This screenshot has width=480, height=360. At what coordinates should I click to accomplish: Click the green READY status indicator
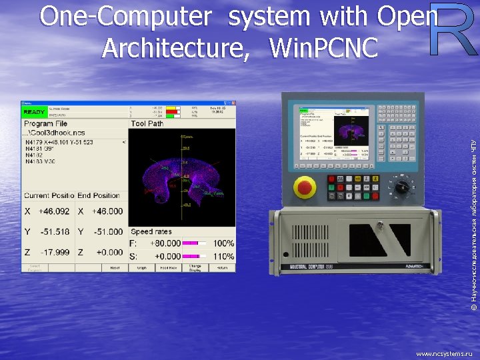pyautogui.click(x=35, y=111)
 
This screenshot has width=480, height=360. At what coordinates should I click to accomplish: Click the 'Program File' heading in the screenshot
pyautogui.click(x=45, y=124)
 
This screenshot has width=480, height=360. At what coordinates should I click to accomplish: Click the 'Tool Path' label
pyautogui.click(x=147, y=124)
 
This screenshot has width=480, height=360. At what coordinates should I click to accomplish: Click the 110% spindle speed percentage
pyautogui.click(x=223, y=256)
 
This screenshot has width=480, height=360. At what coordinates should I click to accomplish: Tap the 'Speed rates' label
pyautogui.click(x=151, y=232)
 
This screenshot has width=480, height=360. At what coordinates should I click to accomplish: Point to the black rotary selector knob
pyautogui.click(x=402, y=187)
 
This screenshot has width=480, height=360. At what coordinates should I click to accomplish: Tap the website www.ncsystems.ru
pyautogui.click(x=443, y=354)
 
